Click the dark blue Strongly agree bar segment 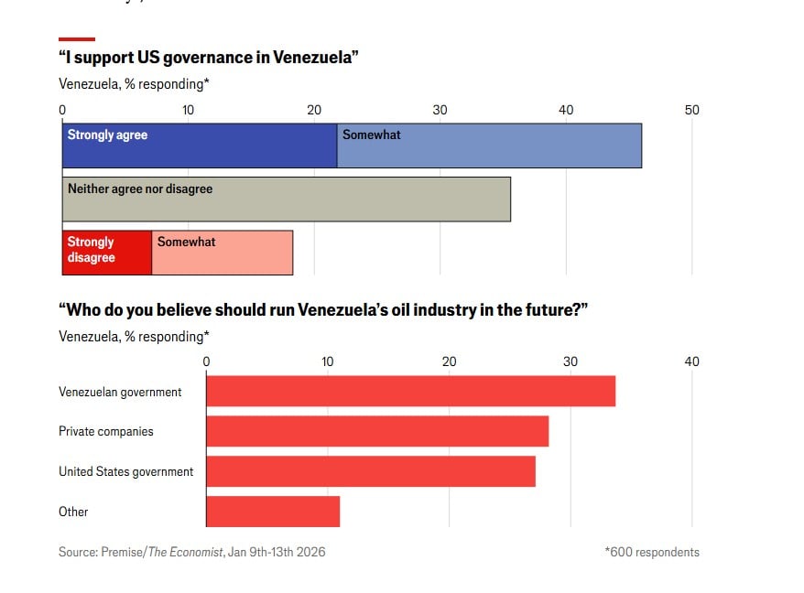[x=200, y=146]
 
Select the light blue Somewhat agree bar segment [x=489, y=146]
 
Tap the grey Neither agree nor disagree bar [x=287, y=199]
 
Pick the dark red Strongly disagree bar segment [x=107, y=253]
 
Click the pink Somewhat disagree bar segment [x=223, y=253]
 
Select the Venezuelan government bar [x=410, y=391]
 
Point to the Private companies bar [x=377, y=431]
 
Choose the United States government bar [x=371, y=471]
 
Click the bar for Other [x=273, y=512]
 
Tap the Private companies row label [x=106, y=431]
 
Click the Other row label [x=73, y=512]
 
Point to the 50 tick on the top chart [x=691, y=110]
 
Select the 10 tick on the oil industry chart [x=328, y=361]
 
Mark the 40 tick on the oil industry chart [x=691, y=361]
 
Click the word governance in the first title [x=201, y=58]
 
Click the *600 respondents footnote [x=651, y=552]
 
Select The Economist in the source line [x=186, y=552]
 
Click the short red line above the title [x=77, y=39]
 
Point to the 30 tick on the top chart [x=440, y=110]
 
